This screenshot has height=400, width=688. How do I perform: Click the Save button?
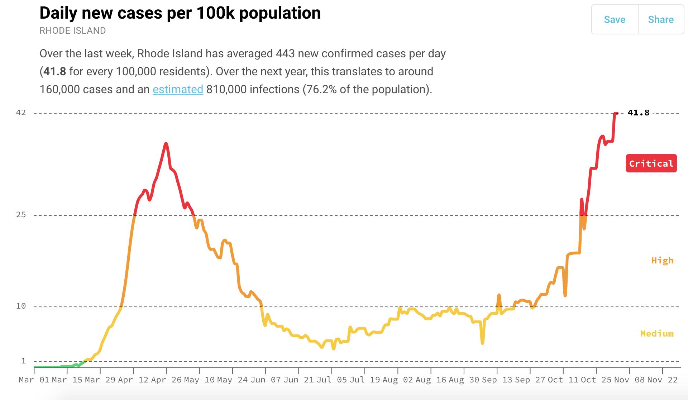(615, 20)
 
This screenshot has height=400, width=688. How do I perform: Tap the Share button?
(660, 20)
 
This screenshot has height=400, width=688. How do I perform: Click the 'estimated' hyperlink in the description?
(178, 89)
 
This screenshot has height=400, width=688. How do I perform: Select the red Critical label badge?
(651, 163)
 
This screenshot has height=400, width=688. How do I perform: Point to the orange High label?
(662, 261)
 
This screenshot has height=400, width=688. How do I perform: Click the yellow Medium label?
(657, 334)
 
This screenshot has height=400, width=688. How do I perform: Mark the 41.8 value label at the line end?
(638, 113)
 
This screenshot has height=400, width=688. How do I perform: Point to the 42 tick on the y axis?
(21, 113)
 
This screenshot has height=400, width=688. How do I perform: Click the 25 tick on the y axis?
(21, 215)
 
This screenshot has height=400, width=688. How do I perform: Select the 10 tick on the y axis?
(21, 306)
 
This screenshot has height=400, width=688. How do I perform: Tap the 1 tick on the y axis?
(24, 361)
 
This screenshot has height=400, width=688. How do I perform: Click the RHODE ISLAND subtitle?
(72, 31)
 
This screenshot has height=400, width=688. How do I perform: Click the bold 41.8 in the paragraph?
(54, 71)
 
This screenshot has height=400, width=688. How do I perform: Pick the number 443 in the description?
(285, 54)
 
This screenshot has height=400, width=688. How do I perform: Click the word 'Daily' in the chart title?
(58, 13)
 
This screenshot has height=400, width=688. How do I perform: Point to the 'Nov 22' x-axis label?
(662, 380)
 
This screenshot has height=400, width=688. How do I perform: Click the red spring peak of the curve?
(166, 144)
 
